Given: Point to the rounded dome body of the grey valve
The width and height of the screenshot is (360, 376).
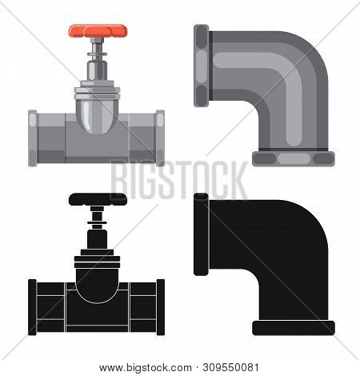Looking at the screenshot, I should tap(98, 118).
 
